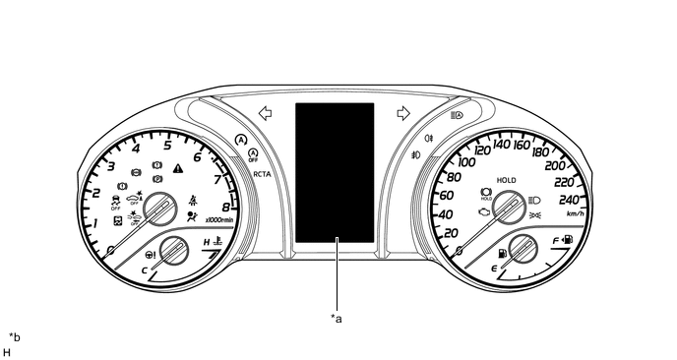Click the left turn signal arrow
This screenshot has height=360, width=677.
(265, 113)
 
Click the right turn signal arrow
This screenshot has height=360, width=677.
(403, 113)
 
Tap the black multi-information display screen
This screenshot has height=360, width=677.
(335, 173)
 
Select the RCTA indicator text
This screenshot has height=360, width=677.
(262, 174)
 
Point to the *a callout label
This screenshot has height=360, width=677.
(337, 319)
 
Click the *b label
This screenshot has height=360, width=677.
(15, 337)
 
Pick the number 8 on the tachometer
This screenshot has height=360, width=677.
(226, 207)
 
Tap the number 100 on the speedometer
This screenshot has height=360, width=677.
(466, 162)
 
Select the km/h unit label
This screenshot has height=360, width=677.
(575, 213)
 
